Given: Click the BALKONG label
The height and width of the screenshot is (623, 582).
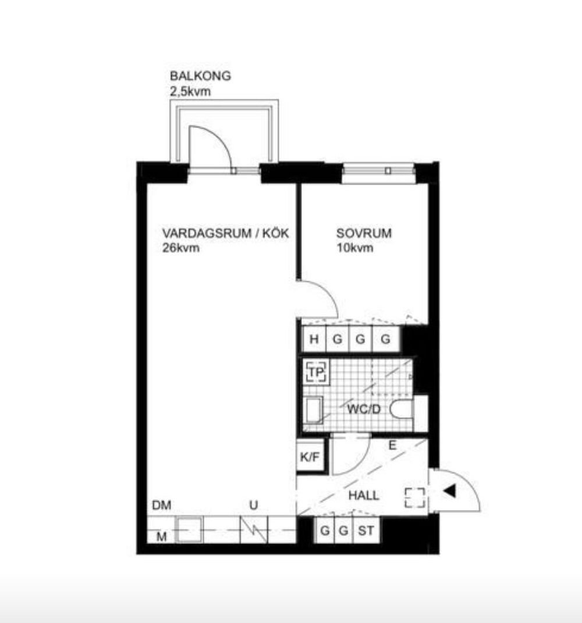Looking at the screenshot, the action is [x=200, y=76].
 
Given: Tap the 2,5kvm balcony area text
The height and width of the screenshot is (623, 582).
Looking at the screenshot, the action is [x=190, y=92].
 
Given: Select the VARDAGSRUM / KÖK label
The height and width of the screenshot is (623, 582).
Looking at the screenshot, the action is [x=225, y=233].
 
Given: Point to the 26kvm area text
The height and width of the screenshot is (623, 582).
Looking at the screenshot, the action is [x=180, y=248].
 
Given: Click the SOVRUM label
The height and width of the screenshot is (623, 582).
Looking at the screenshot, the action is [x=364, y=233].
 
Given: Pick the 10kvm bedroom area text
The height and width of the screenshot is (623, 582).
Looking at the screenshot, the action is [x=354, y=248].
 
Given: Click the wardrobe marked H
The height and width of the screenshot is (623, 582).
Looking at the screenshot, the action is [x=314, y=339].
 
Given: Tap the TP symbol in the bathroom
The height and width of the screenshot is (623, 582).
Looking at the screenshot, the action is [x=316, y=372].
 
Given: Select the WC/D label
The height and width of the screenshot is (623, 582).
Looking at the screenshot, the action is [x=363, y=409].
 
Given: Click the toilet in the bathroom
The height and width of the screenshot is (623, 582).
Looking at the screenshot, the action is [x=402, y=410].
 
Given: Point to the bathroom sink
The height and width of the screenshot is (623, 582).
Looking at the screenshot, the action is [x=313, y=410].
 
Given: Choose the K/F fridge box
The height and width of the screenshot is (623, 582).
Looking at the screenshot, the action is [x=310, y=457].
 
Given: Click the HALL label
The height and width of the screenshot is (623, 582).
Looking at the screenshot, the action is [x=363, y=496].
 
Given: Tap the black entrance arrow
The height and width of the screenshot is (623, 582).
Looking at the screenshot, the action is [x=450, y=492].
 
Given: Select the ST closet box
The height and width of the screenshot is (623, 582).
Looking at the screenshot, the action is [x=366, y=531].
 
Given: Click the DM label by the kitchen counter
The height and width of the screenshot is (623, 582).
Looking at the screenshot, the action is [x=162, y=505].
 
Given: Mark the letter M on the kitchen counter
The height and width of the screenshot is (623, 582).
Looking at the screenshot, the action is [x=161, y=537].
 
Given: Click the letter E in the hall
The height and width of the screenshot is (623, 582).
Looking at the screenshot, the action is [x=392, y=446].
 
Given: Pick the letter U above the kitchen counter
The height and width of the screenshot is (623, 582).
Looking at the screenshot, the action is [x=254, y=505].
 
